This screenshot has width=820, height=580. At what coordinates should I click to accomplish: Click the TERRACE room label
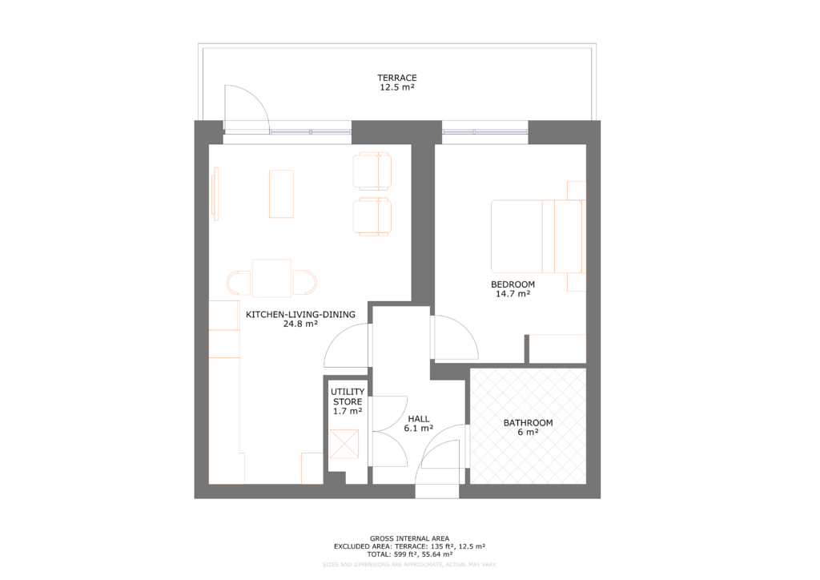click(x=397, y=78)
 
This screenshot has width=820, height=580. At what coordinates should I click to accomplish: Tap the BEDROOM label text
click(x=512, y=284)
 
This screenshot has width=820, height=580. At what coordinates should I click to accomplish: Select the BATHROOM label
click(x=528, y=423)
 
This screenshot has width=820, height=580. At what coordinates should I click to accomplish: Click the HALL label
click(x=419, y=418)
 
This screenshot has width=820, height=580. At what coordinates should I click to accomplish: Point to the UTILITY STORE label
click(x=348, y=397)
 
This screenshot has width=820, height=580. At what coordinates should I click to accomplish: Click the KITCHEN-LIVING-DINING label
click(x=300, y=315)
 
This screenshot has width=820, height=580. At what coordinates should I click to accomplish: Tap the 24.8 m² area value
click(x=300, y=325)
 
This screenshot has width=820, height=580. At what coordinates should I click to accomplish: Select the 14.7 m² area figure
click(x=513, y=294)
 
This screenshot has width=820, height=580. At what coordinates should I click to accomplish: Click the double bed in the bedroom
click(x=537, y=236)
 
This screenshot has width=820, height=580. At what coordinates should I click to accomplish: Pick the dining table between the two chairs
click(x=271, y=277)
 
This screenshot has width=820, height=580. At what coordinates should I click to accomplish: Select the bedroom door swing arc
click(x=457, y=337)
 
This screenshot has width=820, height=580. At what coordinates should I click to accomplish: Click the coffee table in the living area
click(x=281, y=194)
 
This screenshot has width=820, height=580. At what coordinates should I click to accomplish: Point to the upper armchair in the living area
click(x=372, y=170)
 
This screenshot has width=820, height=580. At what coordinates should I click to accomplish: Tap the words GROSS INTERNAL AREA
click(x=409, y=538)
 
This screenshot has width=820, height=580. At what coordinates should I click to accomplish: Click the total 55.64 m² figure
click(x=436, y=554)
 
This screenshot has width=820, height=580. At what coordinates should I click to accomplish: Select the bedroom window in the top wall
click(x=485, y=131)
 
